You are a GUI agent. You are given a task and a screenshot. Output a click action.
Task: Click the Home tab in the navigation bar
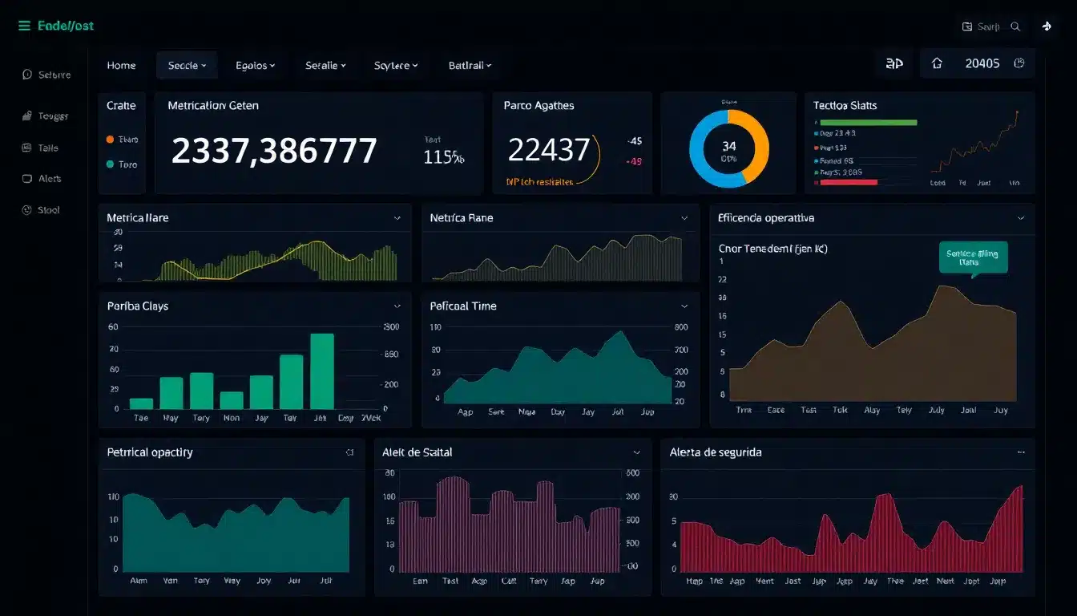point(121,66)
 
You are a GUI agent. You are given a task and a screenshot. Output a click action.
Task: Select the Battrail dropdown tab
point(470,66)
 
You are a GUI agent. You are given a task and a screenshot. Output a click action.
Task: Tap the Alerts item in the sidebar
point(50,179)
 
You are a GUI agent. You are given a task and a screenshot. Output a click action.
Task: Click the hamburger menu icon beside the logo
point(24,26)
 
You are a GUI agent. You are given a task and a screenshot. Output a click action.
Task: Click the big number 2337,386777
point(274,151)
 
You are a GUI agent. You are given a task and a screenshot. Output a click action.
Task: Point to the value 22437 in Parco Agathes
point(549,149)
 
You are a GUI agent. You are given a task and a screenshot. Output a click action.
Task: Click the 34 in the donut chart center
point(728,146)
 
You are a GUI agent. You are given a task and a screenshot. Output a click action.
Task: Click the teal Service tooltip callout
point(972,257)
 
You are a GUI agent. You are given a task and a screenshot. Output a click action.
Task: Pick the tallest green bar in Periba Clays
point(321,371)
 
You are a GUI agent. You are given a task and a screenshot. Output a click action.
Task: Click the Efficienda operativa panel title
point(767,218)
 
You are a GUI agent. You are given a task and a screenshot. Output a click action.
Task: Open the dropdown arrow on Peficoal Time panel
point(684,306)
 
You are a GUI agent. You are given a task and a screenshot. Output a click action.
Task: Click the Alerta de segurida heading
point(716,452)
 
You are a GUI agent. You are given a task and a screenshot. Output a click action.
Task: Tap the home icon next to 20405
point(937,63)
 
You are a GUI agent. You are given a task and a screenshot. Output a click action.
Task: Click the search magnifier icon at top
point(1015,26)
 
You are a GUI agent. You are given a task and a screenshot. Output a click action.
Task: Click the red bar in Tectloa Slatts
point(848,182)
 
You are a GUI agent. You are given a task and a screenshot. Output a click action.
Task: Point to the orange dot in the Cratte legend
point(110,139)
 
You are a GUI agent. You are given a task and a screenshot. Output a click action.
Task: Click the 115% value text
point(443,157)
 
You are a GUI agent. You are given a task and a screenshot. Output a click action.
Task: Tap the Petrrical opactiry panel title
point(150,452)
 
